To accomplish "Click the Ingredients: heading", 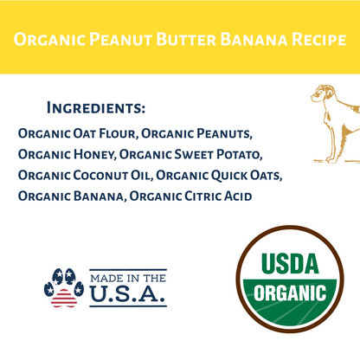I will click(95, 109).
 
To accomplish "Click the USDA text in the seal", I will click(290, 261).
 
